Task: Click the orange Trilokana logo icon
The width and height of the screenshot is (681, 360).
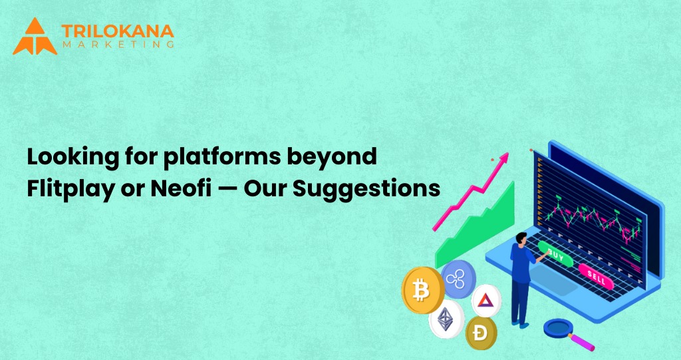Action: click(35, 36)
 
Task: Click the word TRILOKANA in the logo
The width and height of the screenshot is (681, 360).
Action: click(117, 31)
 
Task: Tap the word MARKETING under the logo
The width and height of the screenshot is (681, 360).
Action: click(117, 45)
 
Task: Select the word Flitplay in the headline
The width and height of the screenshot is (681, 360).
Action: click(62, 188)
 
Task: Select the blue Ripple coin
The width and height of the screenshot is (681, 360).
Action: click(458, 278)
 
